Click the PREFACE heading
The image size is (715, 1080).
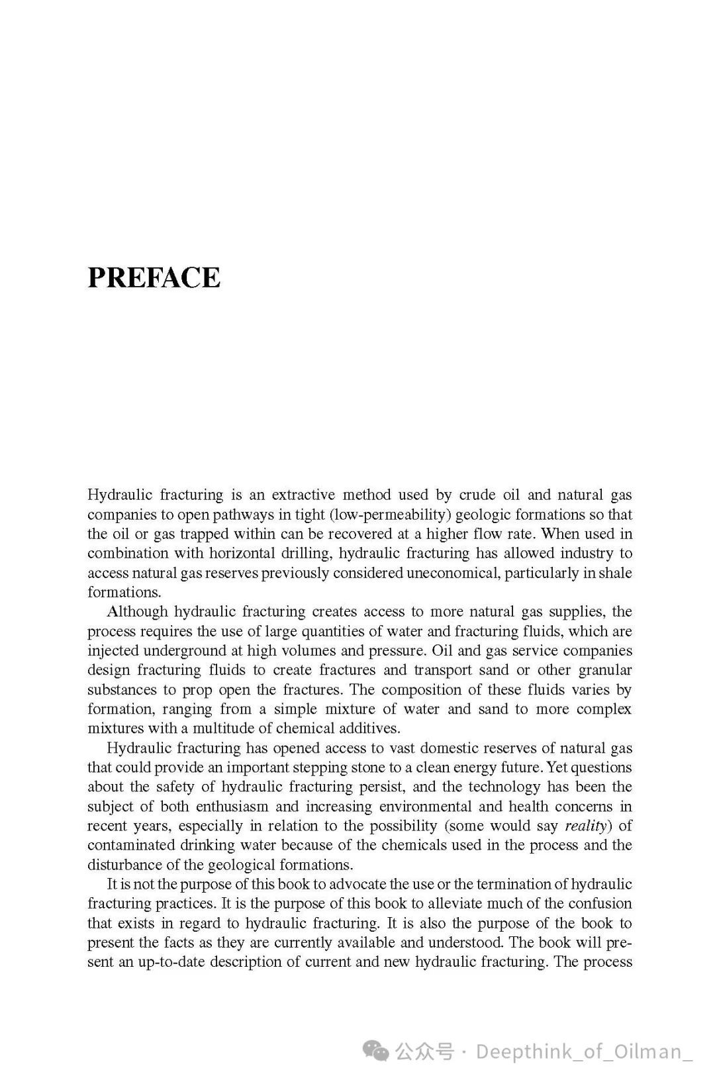pyautogui.click(x=154, y=277)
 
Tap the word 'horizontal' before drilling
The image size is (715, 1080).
pyautogui.click(x=242, y=553)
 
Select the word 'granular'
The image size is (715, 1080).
pyautogui.click(x=605, y=669)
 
